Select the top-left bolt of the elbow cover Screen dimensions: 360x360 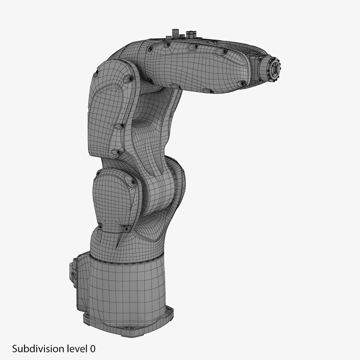97,71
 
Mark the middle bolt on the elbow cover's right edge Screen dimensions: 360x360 122,125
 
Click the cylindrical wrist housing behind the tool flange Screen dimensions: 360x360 264,68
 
